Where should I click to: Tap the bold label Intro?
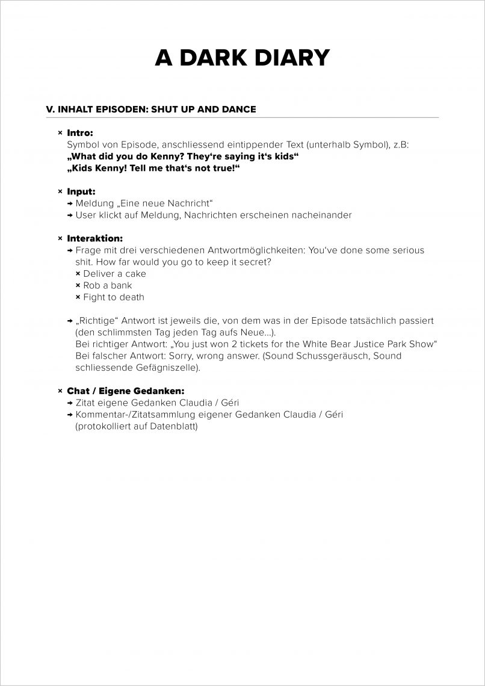pyautogui.click(x=80, y=132)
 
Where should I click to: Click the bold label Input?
pyautogui.click(x=81, y=191)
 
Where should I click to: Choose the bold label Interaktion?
pyautogui.click(x=94, y=238)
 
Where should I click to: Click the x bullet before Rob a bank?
pyautogui.click(x=78, y=285)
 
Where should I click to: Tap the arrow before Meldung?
pyautogui.click(x=70, y=203)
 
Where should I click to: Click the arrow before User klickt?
pyautogui.click(x=70, y=215)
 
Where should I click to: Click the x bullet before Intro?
pyautogui.click(x=60, y=132)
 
